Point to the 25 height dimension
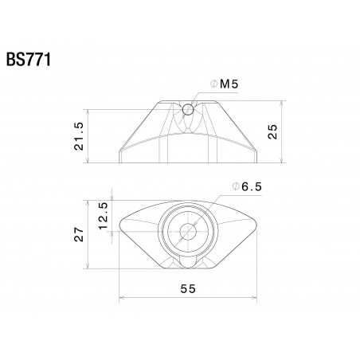coord(274,132)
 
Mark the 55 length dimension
coord(187,290)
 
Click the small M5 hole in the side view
coord(186,109)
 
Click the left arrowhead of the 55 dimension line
coord(122,298)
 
